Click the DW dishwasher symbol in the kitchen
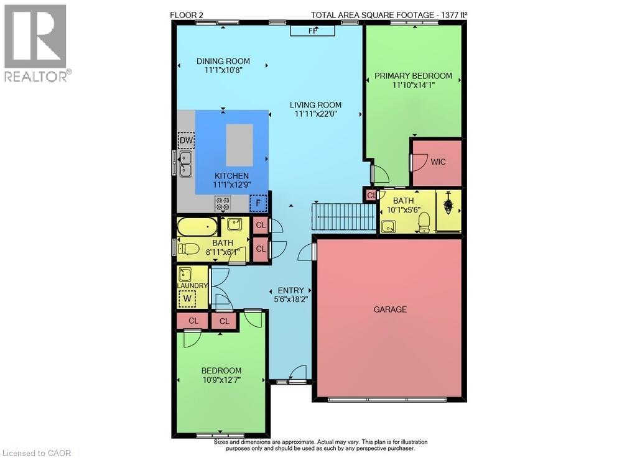pos(186,141)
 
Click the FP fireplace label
pos(312,30)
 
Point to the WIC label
pos(438,162)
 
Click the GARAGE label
pos(390,309)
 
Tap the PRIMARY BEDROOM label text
pos(413,76)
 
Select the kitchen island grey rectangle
pos(239,144)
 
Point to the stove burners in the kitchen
pos(223,203)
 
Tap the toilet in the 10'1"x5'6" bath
pos(424,221)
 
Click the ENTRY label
pos(290,290)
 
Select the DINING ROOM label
pos(223,61)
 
